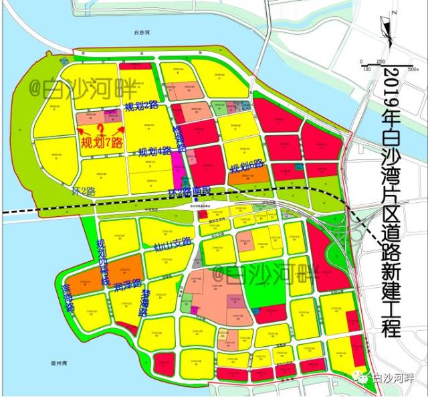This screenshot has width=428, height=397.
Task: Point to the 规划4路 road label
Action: pyautogui.click(x=154, y=152)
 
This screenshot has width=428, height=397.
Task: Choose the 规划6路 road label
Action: pyautogui.click(x=247, y=165)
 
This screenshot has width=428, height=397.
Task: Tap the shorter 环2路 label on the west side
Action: pyautogui.click(x=85, y=191)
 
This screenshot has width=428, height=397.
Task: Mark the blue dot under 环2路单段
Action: pyautogui.click(x=195, y=199)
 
